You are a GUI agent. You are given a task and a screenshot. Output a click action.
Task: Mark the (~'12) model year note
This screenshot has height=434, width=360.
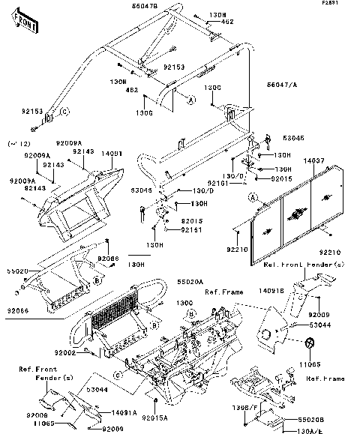point(17,142)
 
